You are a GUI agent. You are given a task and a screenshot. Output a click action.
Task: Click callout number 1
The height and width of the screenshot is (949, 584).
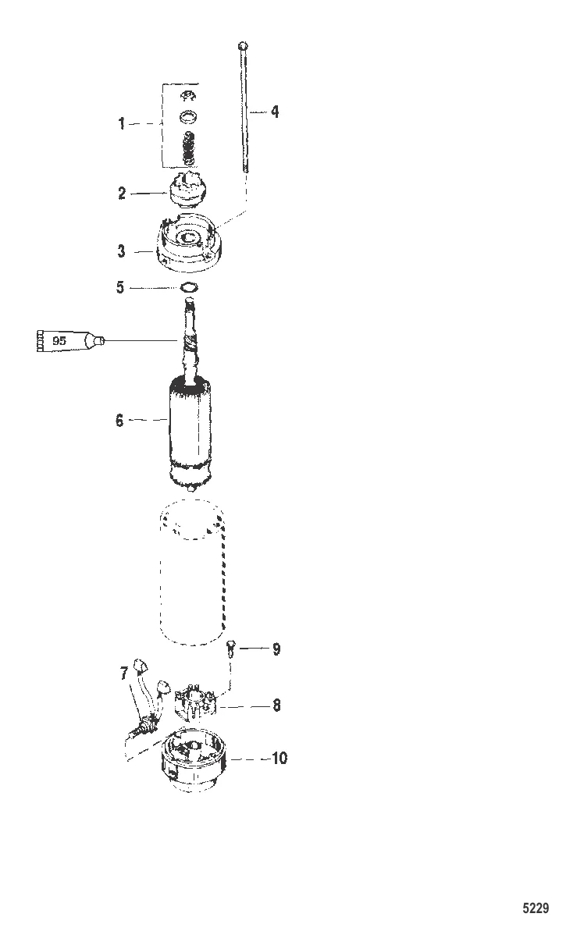pyautogui.click(x=122, y=123)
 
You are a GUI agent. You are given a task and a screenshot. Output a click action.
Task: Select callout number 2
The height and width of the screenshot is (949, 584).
pyautogui.click(x=122, y=194)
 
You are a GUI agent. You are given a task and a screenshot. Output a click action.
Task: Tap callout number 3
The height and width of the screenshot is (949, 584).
pyautogui.click(x=122, y=251)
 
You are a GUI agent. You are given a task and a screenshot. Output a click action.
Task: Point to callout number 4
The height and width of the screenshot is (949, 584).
pyautogui.click(x=274, y=112)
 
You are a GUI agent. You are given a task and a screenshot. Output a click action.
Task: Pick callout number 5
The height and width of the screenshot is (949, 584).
pyautogui.click(x=120, y=288)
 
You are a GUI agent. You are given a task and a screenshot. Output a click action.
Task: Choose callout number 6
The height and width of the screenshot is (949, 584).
pyautogui.click(x=119, y=421)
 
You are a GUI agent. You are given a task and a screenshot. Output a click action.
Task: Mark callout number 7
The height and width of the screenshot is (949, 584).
pyautogui.click(x=124, y=674)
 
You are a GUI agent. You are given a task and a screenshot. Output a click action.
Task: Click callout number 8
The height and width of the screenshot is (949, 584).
pyautogui.click(x=276, y=706)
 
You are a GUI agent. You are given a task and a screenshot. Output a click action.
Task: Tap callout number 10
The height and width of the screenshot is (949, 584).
pyautogui.click(x=279, y=758)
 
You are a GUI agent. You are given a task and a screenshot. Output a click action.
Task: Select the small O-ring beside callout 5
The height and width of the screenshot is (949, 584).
pyautogui.click(x=188, y=287)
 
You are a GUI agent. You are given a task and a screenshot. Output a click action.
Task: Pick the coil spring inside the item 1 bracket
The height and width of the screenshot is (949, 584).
pyautogui.click(x=187, y=146)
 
